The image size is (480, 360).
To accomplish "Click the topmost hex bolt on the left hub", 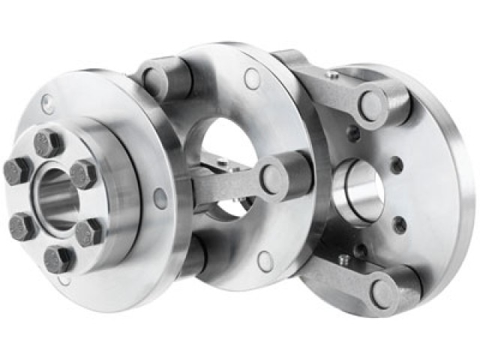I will [48, 142].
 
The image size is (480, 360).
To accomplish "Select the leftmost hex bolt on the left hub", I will [18, 171].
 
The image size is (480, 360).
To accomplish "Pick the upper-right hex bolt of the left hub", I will [84, 174].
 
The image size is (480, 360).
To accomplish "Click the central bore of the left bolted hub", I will [54, 198].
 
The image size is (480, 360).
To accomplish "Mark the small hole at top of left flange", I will [49, 102].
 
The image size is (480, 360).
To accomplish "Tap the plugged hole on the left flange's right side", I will [160, 198].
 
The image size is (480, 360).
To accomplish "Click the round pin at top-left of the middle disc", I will [154, 78].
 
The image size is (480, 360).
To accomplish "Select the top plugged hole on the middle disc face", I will [252, 76].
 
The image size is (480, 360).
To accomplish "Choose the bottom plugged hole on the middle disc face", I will [264, 260].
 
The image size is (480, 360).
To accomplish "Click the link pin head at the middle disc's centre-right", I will [272, 178].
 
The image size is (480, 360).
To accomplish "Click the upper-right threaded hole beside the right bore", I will [397, 163].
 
